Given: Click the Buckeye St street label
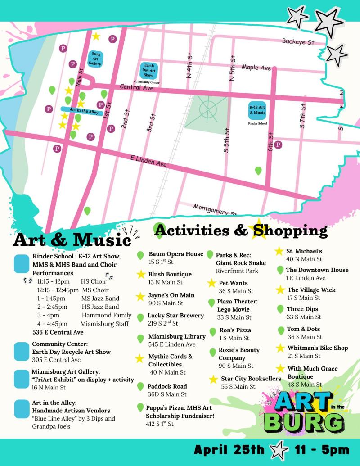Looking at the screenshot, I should (x=298, y=42).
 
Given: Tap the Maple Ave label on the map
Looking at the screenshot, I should (x=256, y=68).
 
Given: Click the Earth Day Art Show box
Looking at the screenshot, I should (x=148, y=71).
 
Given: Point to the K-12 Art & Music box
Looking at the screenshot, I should (x=257, y=110).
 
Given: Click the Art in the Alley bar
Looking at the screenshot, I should (x=82, y=110).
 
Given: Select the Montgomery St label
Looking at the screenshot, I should (x=215, y=209).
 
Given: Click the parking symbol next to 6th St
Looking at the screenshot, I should (x=278, y=145).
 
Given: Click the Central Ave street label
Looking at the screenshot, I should (x=136, y=87).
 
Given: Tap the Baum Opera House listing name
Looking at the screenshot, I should (x=176, y=254).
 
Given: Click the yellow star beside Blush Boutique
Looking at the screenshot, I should (x=141, y=275).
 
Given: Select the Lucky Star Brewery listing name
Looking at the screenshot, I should (x=175, y=316).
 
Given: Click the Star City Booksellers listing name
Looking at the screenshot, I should (x=251, y=379).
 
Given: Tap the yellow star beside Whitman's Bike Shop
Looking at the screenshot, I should (x=280, y=348).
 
